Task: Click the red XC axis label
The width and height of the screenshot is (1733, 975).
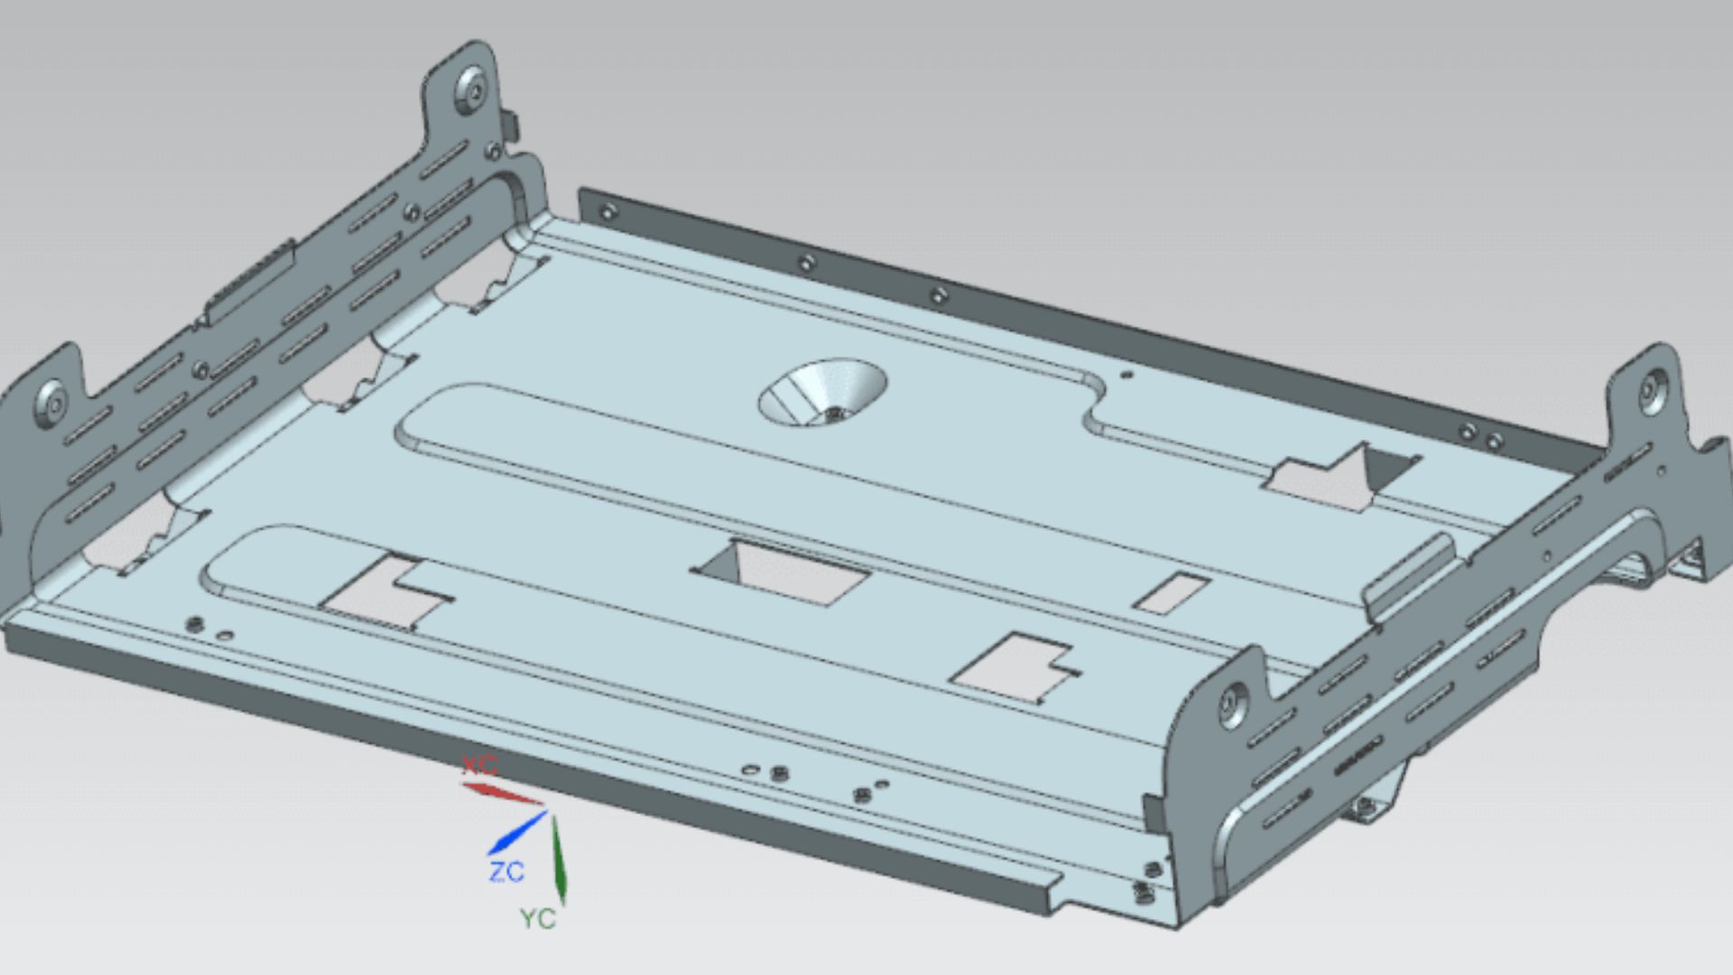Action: (x=479, y=766)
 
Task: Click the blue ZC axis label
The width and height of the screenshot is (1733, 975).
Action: (x=506, y=872)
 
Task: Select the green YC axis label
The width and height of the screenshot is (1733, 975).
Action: (x=538, y=919)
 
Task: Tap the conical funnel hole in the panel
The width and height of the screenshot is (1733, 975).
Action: (x=822, y=393)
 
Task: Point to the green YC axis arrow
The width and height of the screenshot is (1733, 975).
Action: (x=559, y=858)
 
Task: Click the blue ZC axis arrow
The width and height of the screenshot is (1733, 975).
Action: (x=516, y=833)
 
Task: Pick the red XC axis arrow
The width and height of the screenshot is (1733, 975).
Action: (x=501, y=794)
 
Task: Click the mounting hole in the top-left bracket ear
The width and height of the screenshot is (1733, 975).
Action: (x=471, y=88)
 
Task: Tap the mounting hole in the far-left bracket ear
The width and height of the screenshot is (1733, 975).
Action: (x=50, y=402)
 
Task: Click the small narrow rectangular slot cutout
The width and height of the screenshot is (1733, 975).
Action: (x=1171, y=593)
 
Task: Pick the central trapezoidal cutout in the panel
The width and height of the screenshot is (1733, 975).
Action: (x=782, y=572)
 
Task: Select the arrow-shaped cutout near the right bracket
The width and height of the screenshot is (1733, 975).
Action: (x=1340, y=476)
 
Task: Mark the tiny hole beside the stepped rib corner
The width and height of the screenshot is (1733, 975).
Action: (x=1125, y=373)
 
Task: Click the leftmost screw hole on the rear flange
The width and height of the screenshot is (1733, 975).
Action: (x=607, y=212)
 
